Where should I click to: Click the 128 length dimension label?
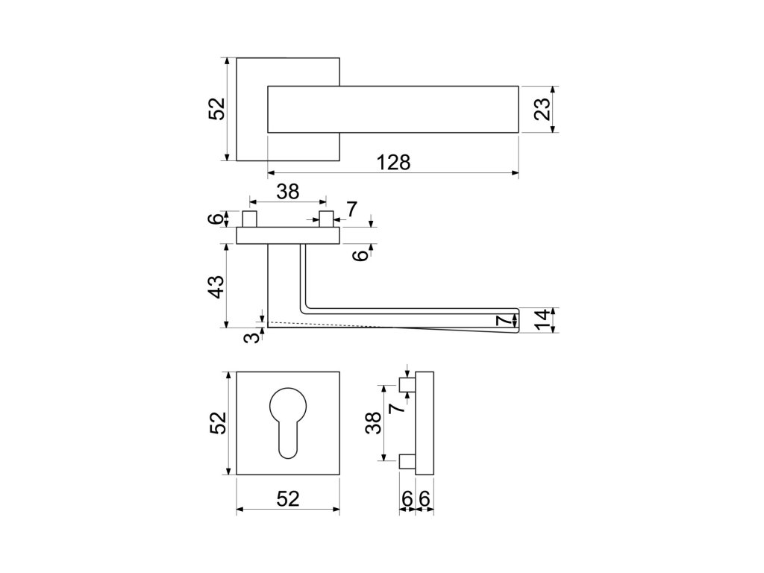pos(394,163)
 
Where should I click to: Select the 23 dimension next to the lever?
pos(543,109)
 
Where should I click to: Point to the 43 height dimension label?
pos(216,286)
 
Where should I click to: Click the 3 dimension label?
pos(254,337)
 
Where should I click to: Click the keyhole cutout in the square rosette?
pos(288,422)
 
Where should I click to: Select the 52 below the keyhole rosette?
pos(288,500)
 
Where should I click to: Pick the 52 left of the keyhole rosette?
pos(216,423)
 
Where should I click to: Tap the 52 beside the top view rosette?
pos(216,109)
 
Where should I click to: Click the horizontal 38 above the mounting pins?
pos(287,192)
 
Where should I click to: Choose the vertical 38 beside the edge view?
pos(375,423)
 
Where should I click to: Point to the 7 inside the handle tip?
pos(505,321)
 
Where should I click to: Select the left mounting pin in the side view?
pos(250,219)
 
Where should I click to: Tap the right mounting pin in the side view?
pos(325,219)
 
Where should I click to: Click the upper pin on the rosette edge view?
pos(407,385)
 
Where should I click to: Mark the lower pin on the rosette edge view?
pos(407,461)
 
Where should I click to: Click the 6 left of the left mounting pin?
pos(216,219)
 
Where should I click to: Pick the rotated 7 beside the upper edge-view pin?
pos(398,407)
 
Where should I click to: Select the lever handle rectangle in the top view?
pos(392,109)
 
